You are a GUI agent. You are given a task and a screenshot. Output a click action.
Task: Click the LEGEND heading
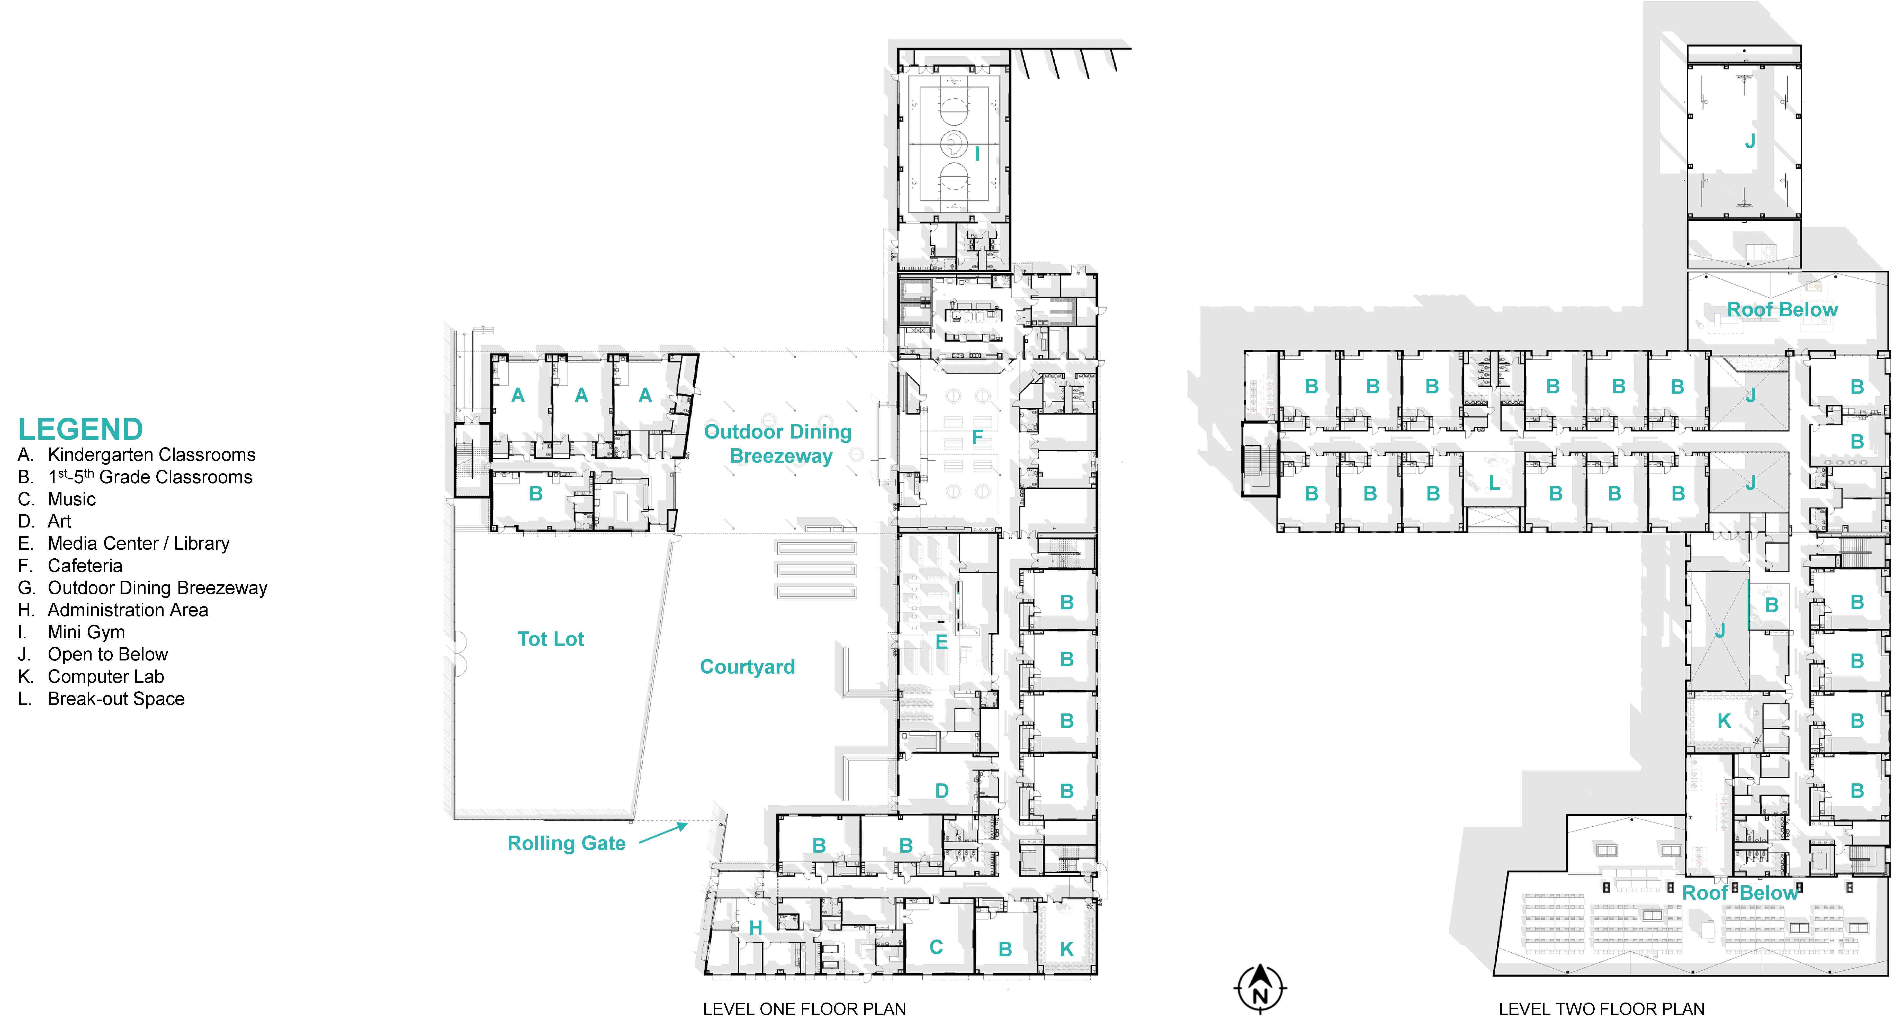(80, 429)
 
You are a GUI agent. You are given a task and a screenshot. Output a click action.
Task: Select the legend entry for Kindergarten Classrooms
(137, 454)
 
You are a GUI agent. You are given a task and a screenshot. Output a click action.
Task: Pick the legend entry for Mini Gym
(72, 632)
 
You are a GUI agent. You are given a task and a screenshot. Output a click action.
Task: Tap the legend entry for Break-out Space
(101, 698)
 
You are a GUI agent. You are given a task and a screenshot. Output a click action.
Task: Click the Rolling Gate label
(567, 843)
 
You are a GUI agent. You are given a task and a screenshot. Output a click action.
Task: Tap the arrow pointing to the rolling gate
(663, 834)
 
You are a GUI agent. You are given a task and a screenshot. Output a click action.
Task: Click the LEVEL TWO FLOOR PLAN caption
(1602, 1009)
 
